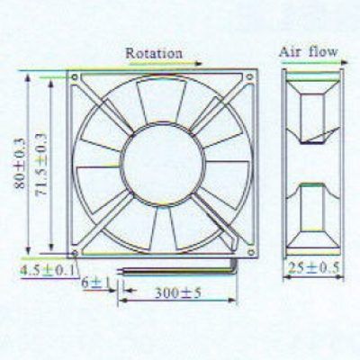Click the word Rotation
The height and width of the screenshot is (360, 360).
154,53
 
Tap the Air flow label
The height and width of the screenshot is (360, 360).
309,52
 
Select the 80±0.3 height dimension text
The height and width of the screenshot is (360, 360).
20,164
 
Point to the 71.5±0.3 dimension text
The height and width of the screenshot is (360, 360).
41,165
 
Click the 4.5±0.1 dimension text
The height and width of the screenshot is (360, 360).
47,271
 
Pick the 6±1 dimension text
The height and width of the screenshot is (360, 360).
96,283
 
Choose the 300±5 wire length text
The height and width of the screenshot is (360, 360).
178,293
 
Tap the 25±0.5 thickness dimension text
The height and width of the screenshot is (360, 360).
313,268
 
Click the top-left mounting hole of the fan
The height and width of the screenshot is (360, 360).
75,77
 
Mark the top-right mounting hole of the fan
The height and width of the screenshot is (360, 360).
249,77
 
